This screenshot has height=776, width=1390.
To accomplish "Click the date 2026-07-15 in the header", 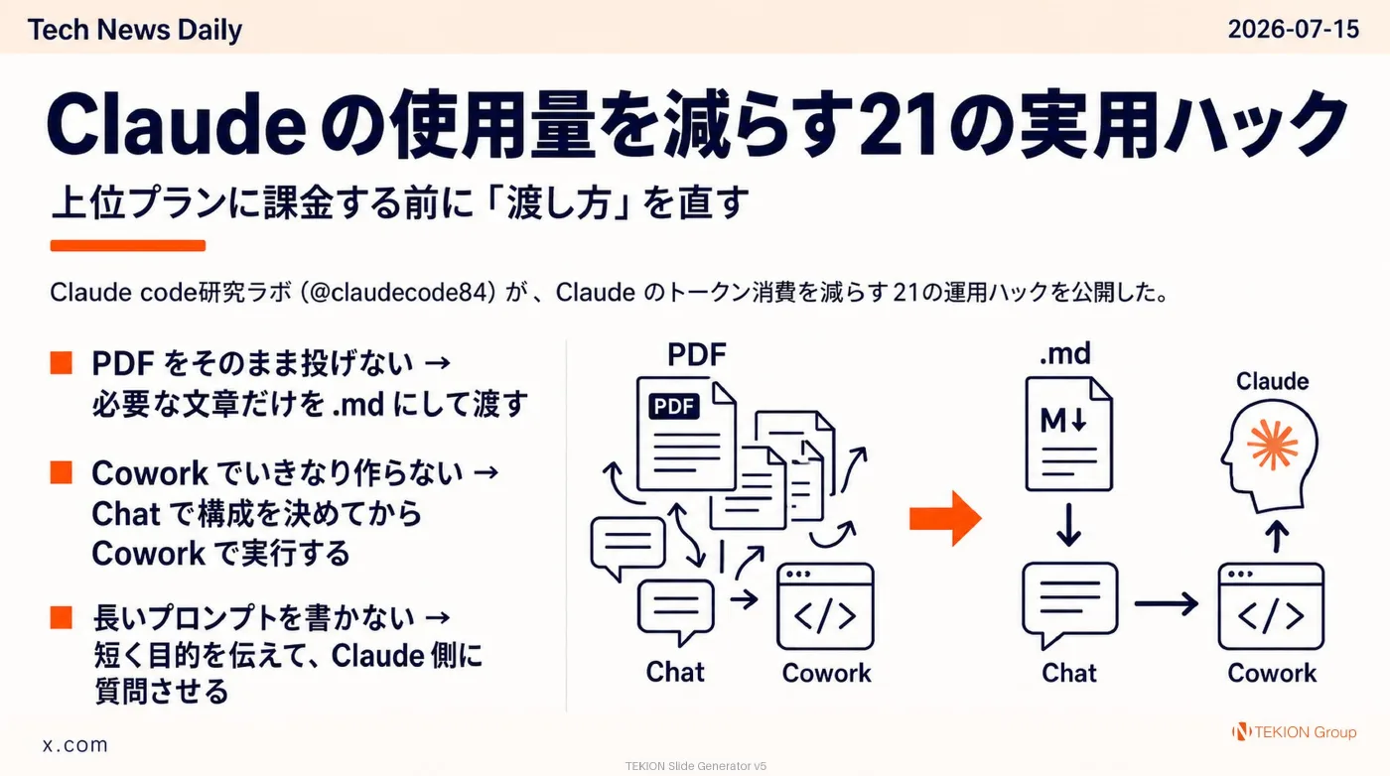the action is point(1293,29).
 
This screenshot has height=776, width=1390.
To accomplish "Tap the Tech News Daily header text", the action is point(135,30).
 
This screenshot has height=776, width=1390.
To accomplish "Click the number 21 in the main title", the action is point(899,124).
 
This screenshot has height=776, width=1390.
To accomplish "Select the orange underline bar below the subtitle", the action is point(128,246).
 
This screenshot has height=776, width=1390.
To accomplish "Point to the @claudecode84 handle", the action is point(398,292).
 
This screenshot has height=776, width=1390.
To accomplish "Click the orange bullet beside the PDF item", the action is point(62,363).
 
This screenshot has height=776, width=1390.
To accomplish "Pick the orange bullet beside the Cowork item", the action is point(62,472).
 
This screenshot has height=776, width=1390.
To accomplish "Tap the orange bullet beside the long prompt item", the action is point(62,617).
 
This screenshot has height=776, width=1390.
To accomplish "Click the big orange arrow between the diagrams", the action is point(945,518).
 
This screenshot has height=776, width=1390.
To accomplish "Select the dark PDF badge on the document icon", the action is point(674,406).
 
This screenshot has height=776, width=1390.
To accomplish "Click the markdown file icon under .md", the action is point(1068,435).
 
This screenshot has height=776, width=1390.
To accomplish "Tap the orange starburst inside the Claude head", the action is point(1273,445).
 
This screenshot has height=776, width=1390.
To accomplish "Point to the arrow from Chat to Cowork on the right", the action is point(1166,603).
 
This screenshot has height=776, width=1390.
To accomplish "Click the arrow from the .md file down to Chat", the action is point(1068,525).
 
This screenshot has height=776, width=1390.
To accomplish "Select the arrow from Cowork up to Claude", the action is point(1277,536).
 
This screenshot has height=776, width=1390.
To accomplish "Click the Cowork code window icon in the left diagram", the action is point(825,606).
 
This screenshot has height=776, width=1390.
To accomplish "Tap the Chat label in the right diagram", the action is point(1068,673).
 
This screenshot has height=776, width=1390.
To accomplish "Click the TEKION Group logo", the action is point(1294,732).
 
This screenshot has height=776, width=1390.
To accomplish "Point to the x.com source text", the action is point(75,744).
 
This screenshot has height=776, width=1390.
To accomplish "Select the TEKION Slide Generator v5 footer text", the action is point(696,766).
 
